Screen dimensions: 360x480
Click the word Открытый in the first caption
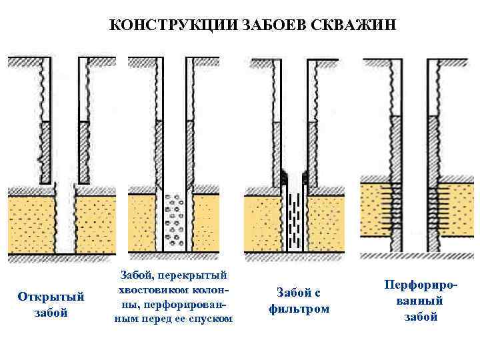(51, 297)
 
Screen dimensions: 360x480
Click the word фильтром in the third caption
(299, 309)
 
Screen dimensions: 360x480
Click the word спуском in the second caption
(213, 319)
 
